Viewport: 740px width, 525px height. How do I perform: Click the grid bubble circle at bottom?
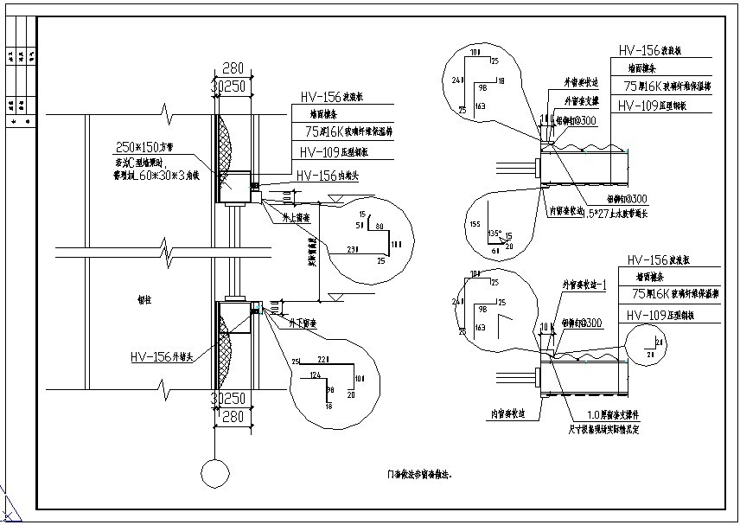click(214, 474)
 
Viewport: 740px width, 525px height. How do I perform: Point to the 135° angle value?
click(494, 233)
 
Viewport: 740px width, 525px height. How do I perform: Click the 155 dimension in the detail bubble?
click(475, 224)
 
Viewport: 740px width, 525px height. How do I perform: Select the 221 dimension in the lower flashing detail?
click(322, 360)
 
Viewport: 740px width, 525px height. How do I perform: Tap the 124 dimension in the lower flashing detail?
click(316, 374)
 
